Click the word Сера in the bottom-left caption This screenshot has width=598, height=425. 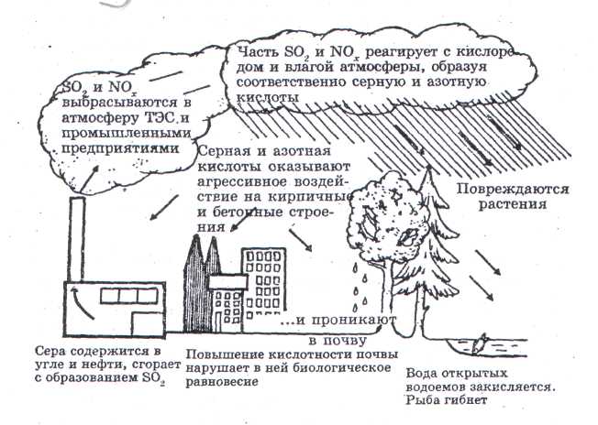pyautogui.click(x=50, y=351)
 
